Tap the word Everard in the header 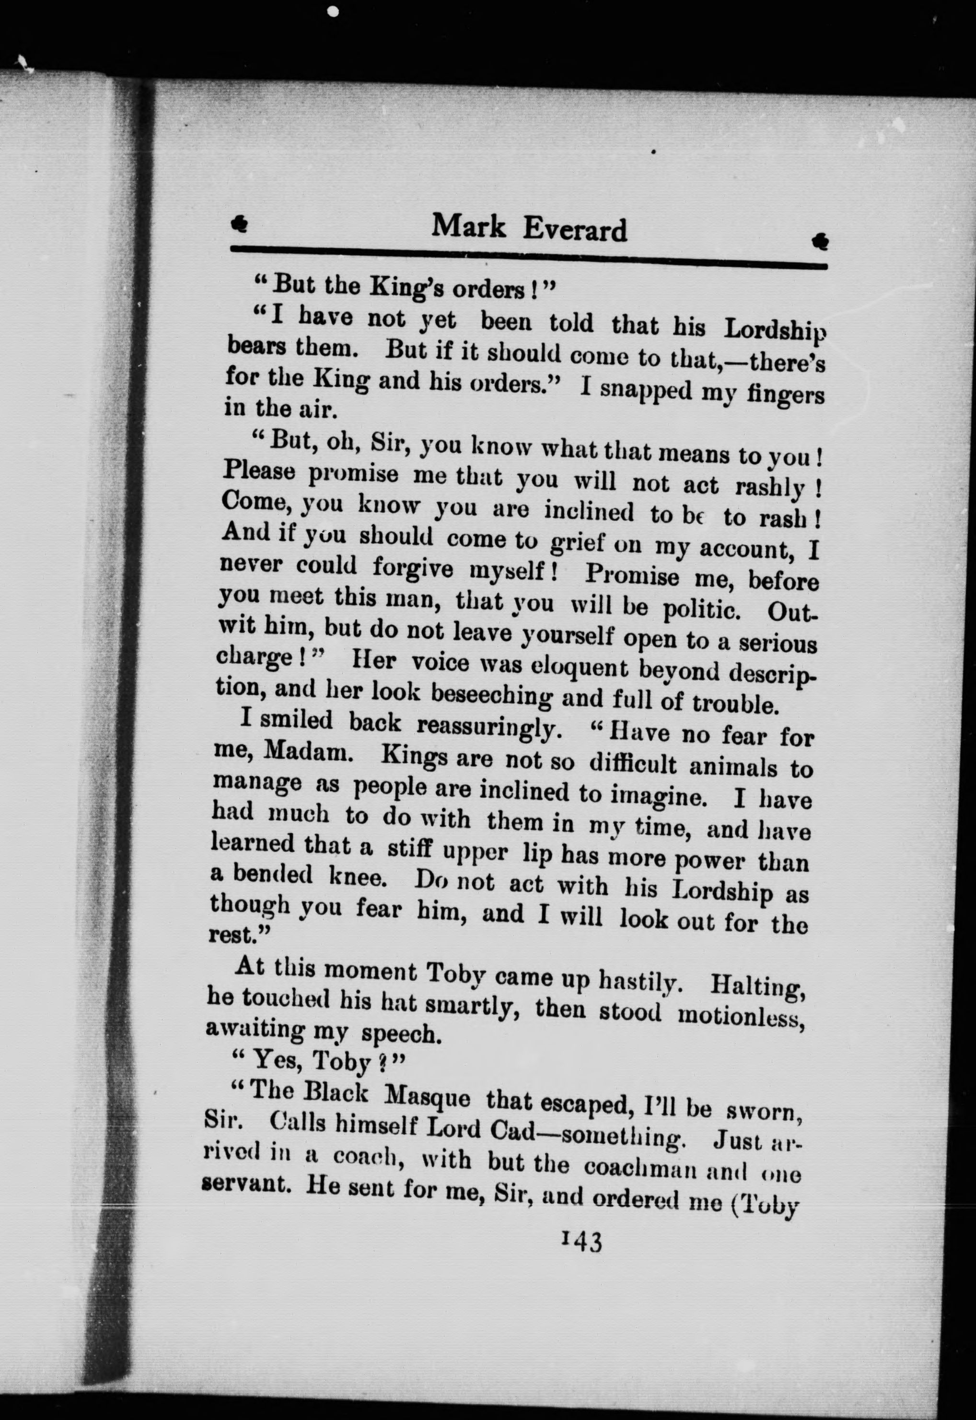tap(575, 230)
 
